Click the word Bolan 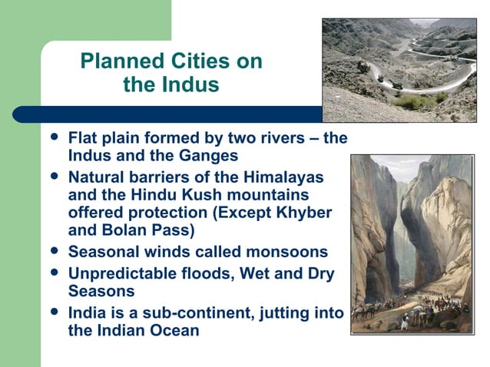[x=123, y=229]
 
